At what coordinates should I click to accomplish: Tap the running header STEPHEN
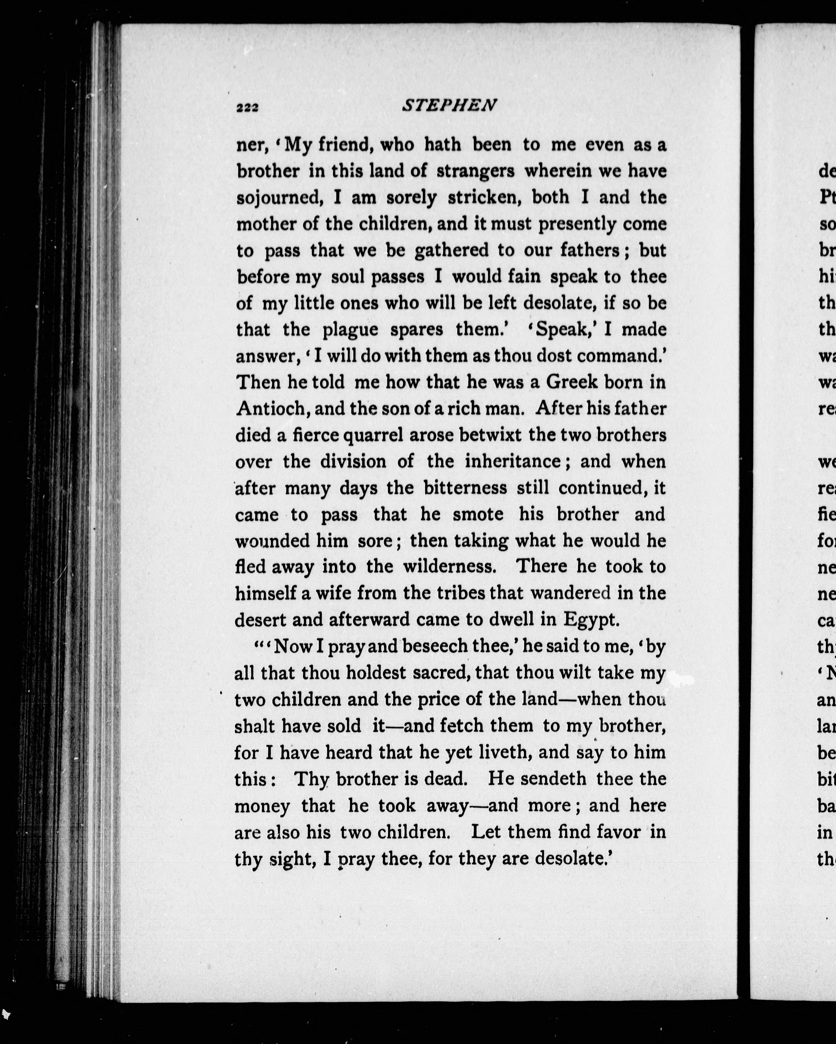coord(449,105)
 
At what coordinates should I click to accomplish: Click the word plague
coord(350,330)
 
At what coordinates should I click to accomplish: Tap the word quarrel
coord(373,435)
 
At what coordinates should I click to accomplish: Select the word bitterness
coord(465,488)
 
